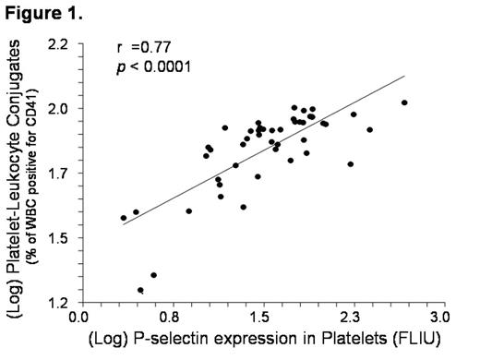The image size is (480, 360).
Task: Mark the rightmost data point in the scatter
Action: click(x=404, y=102)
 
